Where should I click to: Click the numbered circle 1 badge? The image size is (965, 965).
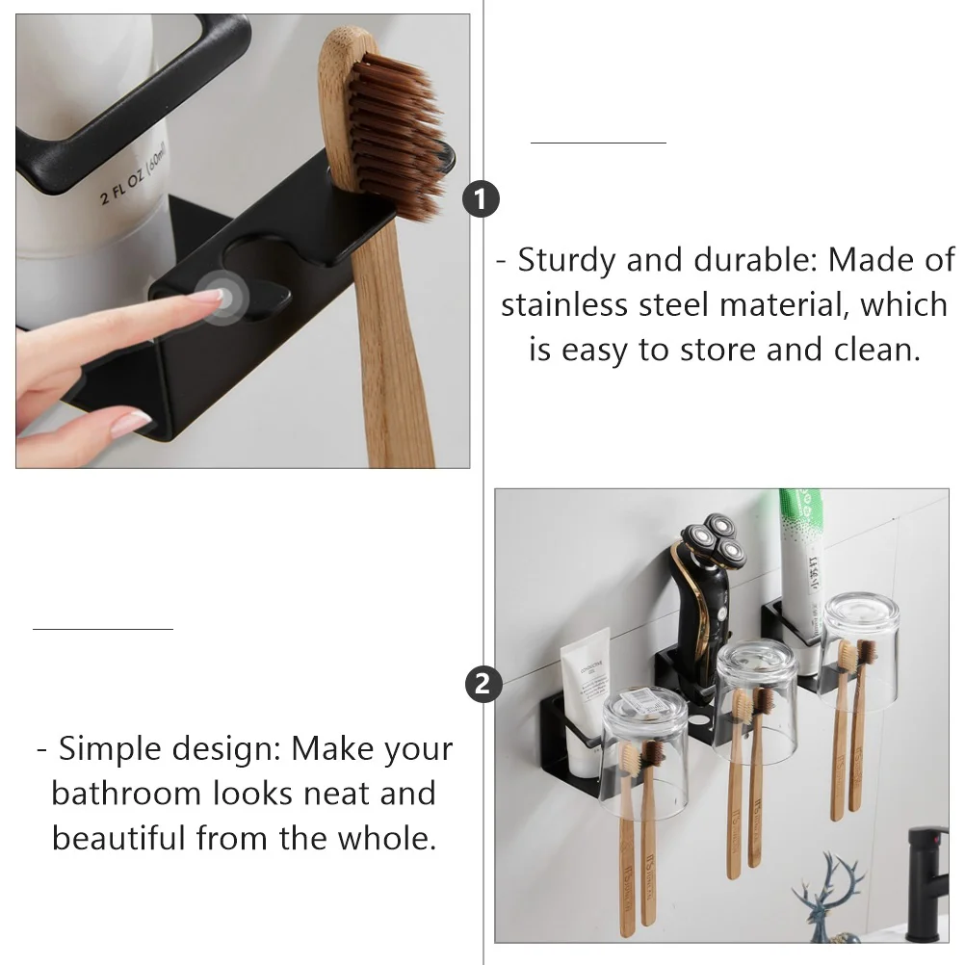pyautogui.click(x=482, y=199)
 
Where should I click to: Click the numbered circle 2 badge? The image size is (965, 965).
pyautogui.click(x=483, y=685)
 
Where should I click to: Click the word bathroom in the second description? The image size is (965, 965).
pyautogui.click(x=126, y=794)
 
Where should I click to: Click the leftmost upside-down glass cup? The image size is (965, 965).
pyautogui.click(x=644, y=751)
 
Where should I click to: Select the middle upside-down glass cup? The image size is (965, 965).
pyautogui.click(x=755, y=698)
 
